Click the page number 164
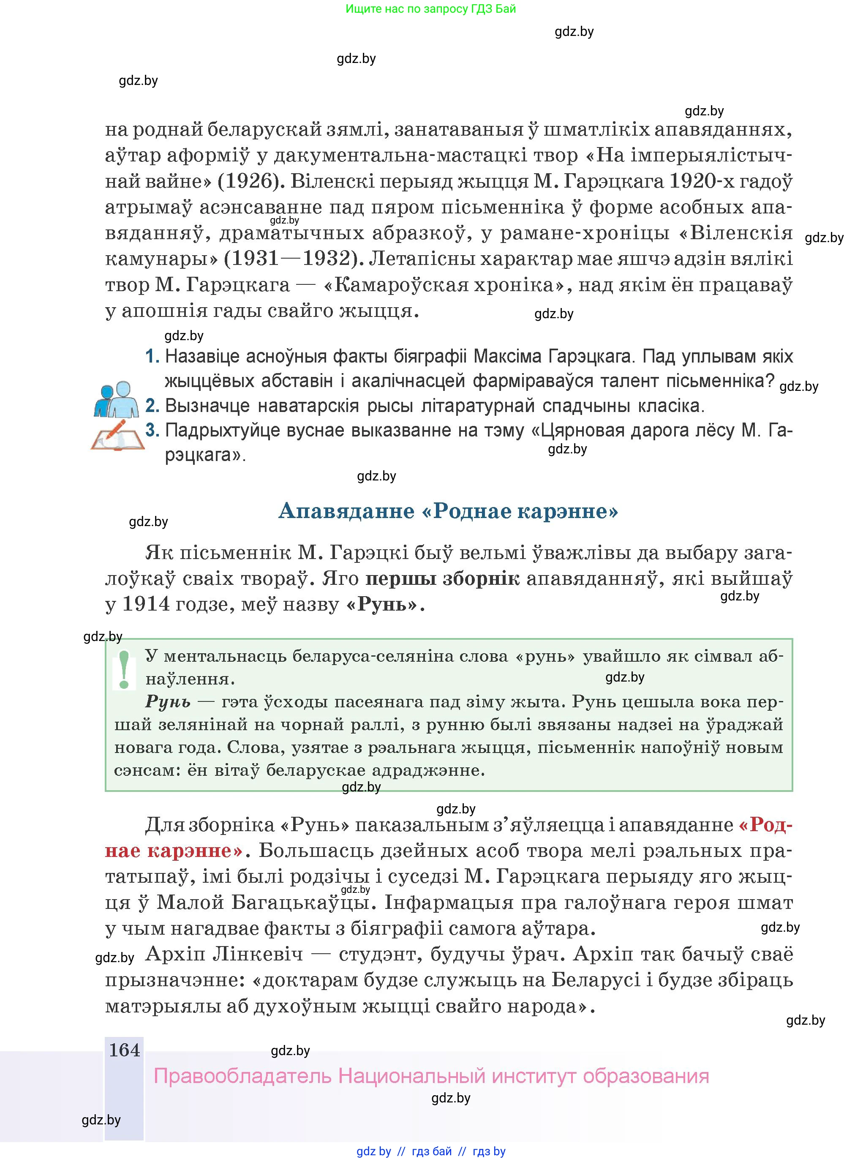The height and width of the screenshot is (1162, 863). click(x=124, y=1050)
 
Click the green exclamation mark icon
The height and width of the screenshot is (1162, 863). click(x=124, y=669)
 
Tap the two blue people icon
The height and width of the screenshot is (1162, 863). click(x=116, y=399)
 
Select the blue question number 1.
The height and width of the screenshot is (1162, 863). click(x=152, y=356)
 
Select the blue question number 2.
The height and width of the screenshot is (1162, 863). click(x=152, y=406)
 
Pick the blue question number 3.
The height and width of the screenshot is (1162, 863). click(x=152, y=430)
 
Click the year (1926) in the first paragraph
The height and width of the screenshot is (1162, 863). click(x=250, y=181)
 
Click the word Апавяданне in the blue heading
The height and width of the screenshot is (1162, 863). click(x=346, y=510)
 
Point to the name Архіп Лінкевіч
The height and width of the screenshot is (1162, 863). click(x=224, y=954)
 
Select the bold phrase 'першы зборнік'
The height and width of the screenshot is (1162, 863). click(x=442, y=578)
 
